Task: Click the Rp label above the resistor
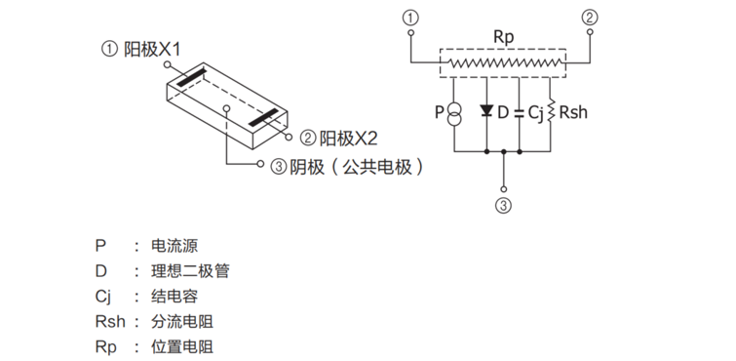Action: click(503, 36)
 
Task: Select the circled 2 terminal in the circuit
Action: click(591, 18)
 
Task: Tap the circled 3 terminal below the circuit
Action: click(503, 205)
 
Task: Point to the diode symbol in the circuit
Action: click(485, 111)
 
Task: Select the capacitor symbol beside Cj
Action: click(520, 112)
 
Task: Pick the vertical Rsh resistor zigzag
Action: click(553, 112)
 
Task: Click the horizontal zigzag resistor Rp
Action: click(502, 64)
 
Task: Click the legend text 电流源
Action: click(175, 245)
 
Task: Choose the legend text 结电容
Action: click(175, 296)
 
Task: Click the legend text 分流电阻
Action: click(183, 321)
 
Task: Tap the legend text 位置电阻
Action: click(183, 346)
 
